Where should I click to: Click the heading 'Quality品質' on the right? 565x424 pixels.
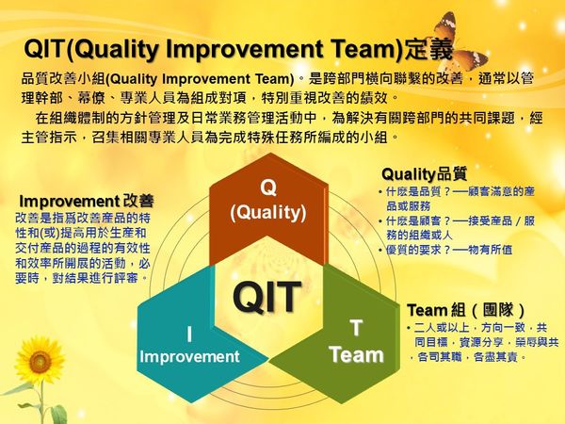423,173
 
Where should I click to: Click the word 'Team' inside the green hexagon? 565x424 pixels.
356,355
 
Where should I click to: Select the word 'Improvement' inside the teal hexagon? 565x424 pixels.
189,356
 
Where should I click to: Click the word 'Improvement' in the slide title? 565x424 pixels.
234,49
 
